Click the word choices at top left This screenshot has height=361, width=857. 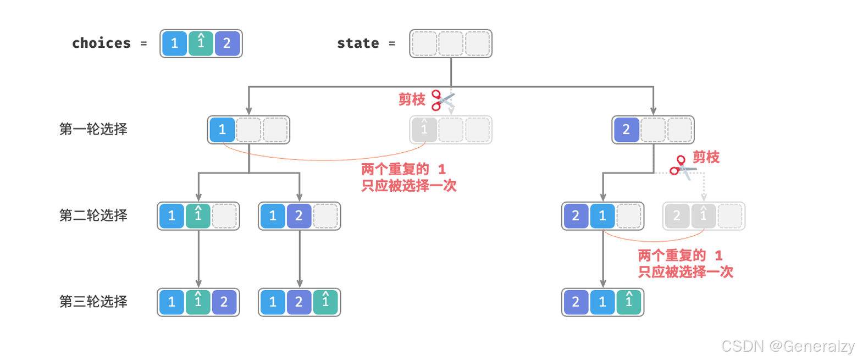tap(101, 43)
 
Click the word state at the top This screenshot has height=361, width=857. tap(358, 43)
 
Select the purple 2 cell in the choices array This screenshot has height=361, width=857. tap(228, 43)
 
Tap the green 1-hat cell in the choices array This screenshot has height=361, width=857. tap(201, 43)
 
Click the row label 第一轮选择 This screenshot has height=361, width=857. tap(93, 130)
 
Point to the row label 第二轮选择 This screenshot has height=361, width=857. tap(93, 215)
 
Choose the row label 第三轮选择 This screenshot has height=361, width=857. tap(93, 302)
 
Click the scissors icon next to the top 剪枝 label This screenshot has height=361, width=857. tap(444, 101)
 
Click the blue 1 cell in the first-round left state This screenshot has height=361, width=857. tap(222, 130)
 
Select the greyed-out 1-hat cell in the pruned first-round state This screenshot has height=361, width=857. tap(424, 130)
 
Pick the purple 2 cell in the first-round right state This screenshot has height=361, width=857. tap(626, 130)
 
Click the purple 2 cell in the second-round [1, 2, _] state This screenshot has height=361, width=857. tap(299, 216)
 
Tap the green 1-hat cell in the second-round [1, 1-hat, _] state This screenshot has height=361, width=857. tap(198, 216)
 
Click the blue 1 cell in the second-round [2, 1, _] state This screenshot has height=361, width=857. tap(602, 216)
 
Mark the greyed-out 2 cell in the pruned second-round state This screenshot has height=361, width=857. tap(677, 216)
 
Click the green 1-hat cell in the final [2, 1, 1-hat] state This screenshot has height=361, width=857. tap(629, 302)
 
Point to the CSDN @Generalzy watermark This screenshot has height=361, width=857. tap(788, 346)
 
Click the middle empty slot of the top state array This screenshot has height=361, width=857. tap(451, 43)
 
